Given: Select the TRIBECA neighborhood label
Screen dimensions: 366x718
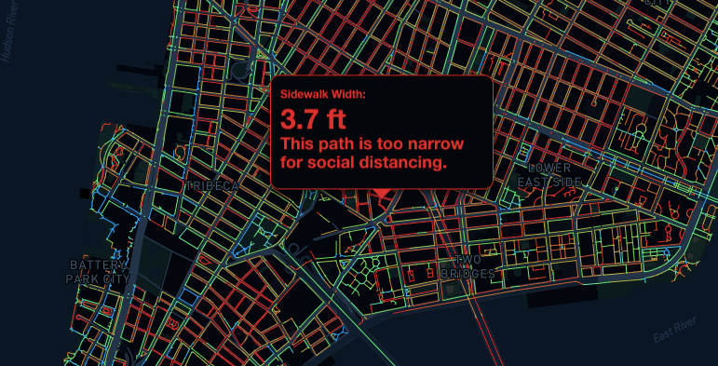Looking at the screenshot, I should (212, 186).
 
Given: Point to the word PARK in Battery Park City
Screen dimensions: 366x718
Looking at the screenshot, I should (83, 278).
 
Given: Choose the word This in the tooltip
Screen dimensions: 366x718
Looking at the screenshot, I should (297, 144).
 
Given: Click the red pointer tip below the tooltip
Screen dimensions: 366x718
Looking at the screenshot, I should (381, 195).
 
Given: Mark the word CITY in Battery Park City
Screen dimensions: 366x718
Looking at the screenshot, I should (117, 278).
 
